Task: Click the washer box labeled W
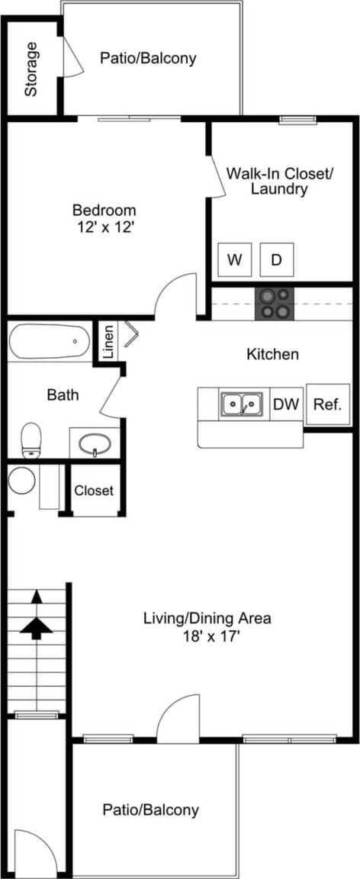point(234,260)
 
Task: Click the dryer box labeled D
point(276,260)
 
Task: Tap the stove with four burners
point(275,303)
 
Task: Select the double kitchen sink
point(243,404)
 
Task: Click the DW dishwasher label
point(287,404)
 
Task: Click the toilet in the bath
point(31,439)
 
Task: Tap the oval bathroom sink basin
point(95,443)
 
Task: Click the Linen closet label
point(108,341)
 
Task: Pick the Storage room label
point(31,69)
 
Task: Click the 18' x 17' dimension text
point(207,635)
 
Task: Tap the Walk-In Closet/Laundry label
point(279,181)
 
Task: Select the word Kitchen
point(272,354)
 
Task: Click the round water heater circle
point(22,481)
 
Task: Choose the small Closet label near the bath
point(94,491)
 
